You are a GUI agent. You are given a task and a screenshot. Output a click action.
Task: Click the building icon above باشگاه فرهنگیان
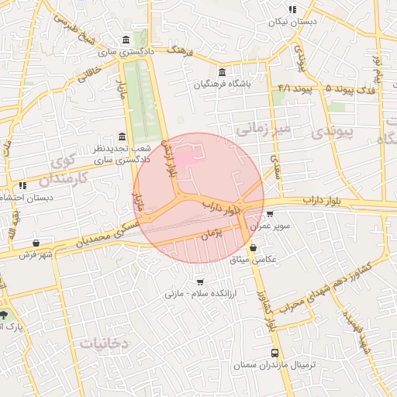click(223, 72)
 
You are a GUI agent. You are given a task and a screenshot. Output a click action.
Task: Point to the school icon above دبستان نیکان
click(292, 10)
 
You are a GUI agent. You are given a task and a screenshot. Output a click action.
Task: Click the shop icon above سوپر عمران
click(269, 214)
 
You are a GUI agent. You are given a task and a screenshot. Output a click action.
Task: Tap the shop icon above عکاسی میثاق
click(252, 247)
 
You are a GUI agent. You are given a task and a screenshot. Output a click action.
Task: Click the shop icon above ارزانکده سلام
click(201, 283)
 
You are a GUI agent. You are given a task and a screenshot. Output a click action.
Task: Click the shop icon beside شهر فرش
click(36, 243)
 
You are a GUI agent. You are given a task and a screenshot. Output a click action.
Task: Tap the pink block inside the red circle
click(185, 158)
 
